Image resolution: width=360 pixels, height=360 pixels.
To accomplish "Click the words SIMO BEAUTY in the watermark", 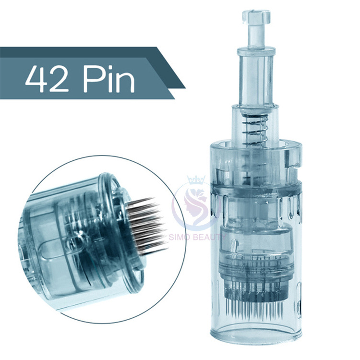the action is (197, 237).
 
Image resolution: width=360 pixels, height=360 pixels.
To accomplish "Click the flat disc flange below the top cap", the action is (256, 50).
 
